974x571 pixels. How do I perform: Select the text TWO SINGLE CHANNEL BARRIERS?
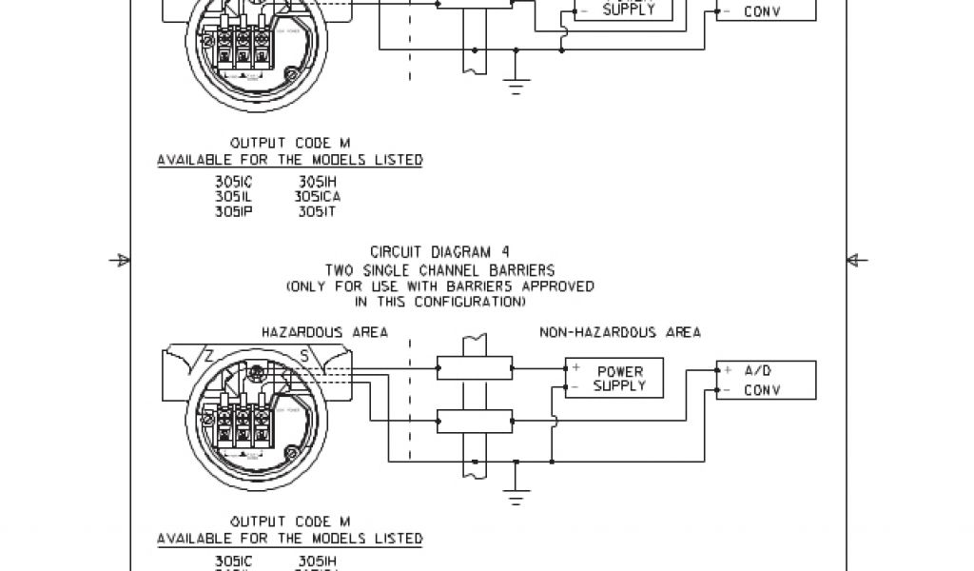(x=439, y=269)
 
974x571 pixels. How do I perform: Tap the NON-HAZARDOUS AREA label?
(x=620, y=332)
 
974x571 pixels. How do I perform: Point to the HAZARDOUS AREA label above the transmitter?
(x=324, y=332)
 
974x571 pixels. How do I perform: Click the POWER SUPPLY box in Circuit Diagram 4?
(x=614, y=378)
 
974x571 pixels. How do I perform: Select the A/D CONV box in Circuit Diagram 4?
(x=766, y=380)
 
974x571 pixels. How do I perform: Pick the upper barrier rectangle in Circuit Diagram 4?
(x=474, y=366)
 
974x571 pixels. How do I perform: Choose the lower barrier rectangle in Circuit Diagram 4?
(x=474, y=420)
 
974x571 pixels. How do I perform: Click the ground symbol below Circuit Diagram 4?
(x=516, y=497)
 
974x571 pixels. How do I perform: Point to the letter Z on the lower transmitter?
(x=208, y=356)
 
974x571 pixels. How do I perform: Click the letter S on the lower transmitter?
(x=303, y=356)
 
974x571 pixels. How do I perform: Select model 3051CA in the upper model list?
(x=319, y=197)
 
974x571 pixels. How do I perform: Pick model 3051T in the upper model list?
(x=317, y=212)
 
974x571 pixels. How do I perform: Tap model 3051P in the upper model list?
(x=233, y=212)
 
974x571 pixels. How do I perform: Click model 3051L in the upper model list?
(x=233, y=197)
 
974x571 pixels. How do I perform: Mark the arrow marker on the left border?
(x=121, y=259)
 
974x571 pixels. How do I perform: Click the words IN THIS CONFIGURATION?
(x=439, y=302)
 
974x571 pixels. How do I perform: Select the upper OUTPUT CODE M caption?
(x=290, y=143)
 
